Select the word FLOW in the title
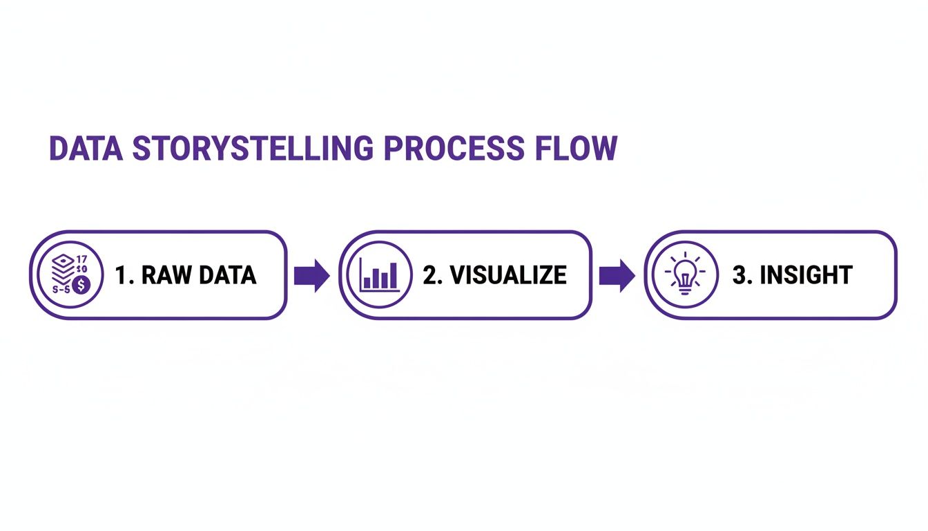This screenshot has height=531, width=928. [578, 149]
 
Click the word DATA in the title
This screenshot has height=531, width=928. [85, 149]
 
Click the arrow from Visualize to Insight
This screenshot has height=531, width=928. [617, 275]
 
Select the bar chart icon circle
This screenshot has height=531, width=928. [379, 274]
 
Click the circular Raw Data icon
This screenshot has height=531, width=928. [67, 274]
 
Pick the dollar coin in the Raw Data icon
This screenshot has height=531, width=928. [82, 284]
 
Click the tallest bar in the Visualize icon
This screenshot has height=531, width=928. [393, 274]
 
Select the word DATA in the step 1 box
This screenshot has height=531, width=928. [227, 275]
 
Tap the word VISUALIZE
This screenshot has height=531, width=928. [507, 275]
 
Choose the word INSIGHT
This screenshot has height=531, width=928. [806, 275]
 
